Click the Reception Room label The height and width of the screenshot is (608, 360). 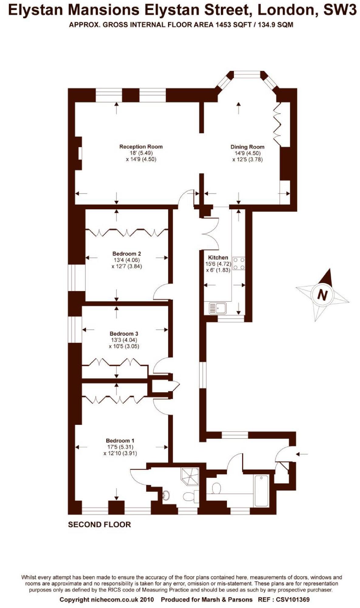click(141, 147)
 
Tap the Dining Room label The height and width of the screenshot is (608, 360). click(247, 147)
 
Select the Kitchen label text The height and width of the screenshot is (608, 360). click(218, 257)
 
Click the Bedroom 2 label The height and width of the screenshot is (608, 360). click(126, 254)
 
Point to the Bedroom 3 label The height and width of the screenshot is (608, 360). click(124, 334)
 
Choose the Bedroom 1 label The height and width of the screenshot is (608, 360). click(120, 441)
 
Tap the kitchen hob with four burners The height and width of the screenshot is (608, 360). click(239, 263)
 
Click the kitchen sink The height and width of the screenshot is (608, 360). click(218, 308)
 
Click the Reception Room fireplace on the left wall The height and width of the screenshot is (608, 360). click(79, 153)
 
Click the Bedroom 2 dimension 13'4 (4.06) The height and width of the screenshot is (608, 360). click(126, 260)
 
